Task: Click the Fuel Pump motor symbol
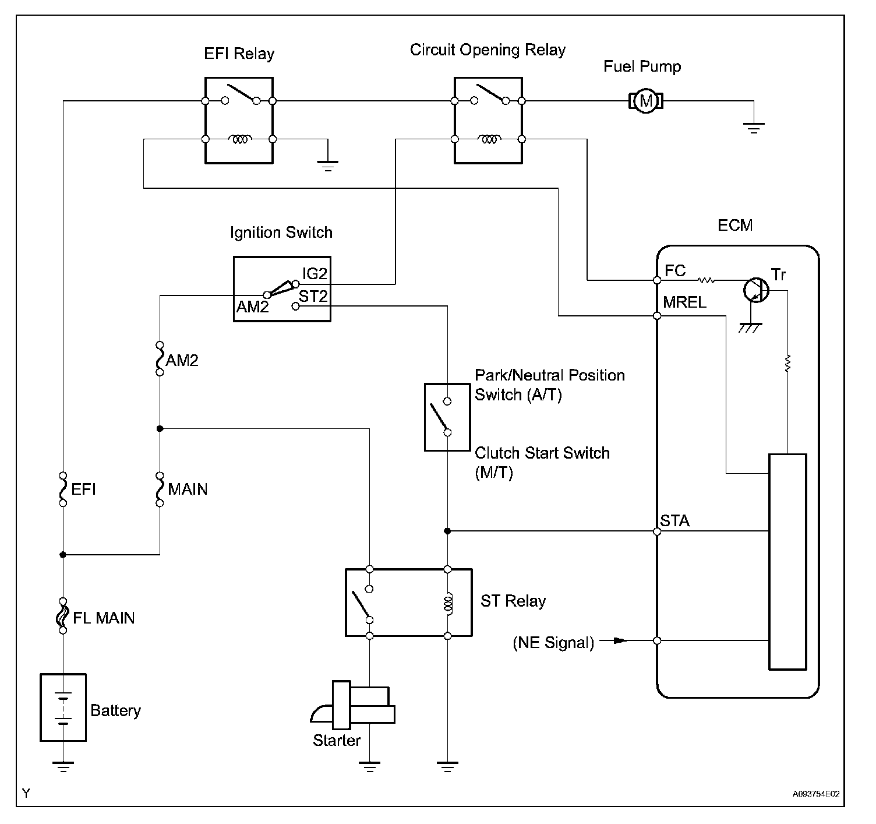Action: pyautogui.click(x=645, y=101)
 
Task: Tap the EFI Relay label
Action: pyautogui.click(x=239, y=54)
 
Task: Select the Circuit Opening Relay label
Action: pyautogui.click(x=488, y=50)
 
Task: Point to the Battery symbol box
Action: pyautogui.click(x=63, y=707)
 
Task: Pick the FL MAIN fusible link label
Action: pyautogui.click(x=104, y=618)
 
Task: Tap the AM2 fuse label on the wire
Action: pyautogui.click(x=182, y=361)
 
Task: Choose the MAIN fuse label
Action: pyautogui.click(x=188, y=489)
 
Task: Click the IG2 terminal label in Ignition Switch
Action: pyautogui.click(x=315, y=273)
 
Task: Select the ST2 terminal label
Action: pyautogui.click(x=313, y=297)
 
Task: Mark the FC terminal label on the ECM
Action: pyautogui.click(x=675, y=270)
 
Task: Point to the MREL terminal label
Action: pyautogui.click(x=684, y=302)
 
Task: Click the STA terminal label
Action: pyautogui.click(x=675, y=520)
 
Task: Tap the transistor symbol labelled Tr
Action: pyautogui.click(x=756, y=289)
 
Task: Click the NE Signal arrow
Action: pyautogui.click(x=613, y=640)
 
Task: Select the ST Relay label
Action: pyautogui.click(x=513, y=601)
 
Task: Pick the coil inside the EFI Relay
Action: pyautogui.click(x=239, y=139)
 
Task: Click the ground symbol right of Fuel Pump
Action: pyautogui.click(x=754, y=126)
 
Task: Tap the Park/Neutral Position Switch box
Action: pyautogui.click(x=447, y=417)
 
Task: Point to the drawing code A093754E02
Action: pyautogui.click(x=815, y=794)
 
